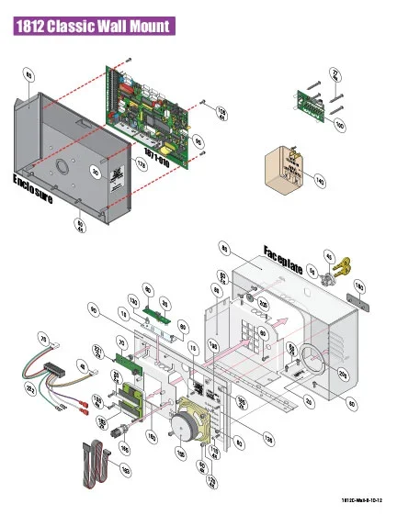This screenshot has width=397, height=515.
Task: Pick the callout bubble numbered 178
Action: (142, 164)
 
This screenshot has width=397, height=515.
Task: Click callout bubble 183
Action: (126, 470)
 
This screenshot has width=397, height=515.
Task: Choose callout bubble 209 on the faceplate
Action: (342, 374)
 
